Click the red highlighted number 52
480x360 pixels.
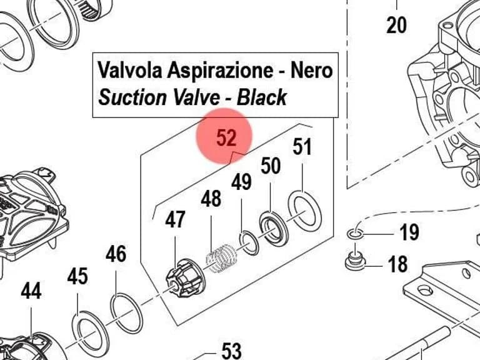pos(226,137)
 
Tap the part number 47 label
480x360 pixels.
pos(175,219)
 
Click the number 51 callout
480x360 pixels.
pos(302,147)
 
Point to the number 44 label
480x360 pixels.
pos(31,291)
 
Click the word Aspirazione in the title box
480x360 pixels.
pos(220,70)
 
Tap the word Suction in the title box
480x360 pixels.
pos(133,97)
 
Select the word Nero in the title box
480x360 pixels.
pos(311,70)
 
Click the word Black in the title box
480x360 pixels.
pos(262,97)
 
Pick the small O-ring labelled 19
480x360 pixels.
pos(356,234)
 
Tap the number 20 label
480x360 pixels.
pos(396,25)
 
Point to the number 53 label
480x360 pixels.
pos(231,351)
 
